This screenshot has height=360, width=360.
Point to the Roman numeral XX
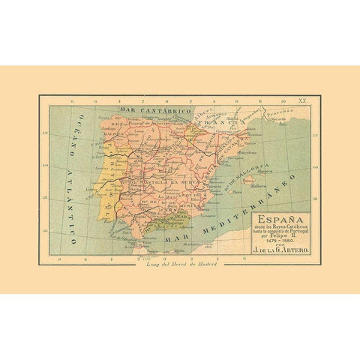point(302,99)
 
